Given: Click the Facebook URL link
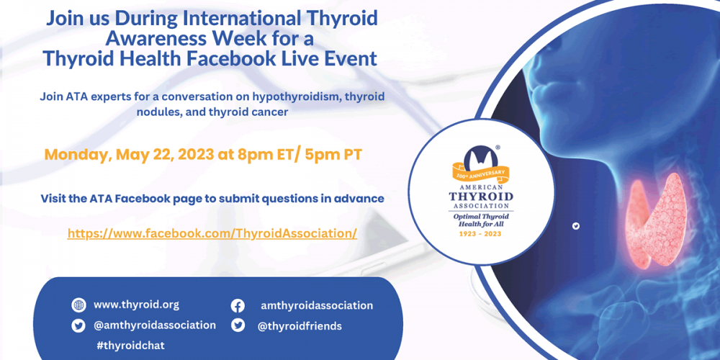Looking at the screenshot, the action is (x=212, y=233).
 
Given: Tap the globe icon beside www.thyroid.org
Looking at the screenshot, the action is (x=78, y=305).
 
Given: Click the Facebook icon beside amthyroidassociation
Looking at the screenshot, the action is (x=238, y=306).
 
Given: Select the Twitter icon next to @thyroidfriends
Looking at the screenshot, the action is (x=238, y=325).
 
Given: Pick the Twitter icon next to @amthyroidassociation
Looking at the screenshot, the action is (x=78, y=326).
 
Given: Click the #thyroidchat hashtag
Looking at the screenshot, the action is (x=130, y=346).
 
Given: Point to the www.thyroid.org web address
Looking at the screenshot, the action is (x=136, y=305).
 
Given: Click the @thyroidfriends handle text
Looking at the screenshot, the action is (x=300, y=326).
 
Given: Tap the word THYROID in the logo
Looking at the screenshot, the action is (x=481, y=197).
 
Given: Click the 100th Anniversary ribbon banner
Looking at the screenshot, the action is (x=481, y=173).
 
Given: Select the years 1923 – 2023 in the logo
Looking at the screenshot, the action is (x=481, y=234).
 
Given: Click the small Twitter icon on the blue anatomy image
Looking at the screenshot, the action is (x=576, y=226).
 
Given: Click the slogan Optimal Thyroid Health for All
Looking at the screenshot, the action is (x=481, y=220).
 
